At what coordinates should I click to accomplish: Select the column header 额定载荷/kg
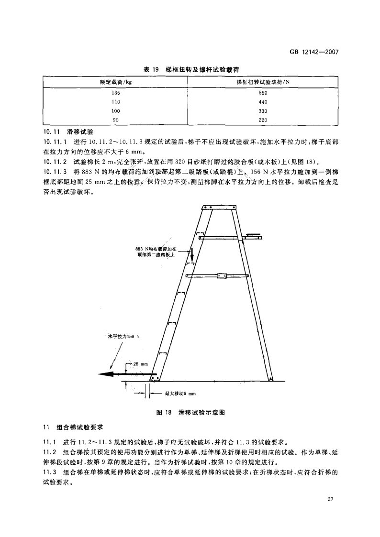115,82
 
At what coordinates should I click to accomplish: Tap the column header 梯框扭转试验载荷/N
263,82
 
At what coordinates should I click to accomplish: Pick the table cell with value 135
115,93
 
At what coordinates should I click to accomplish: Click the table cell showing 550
263,93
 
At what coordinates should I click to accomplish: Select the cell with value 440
263,102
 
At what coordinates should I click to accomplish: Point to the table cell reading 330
263,111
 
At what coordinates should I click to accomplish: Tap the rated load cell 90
115,120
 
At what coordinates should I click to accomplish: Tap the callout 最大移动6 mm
180,394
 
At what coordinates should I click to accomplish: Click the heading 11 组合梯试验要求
77,427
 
